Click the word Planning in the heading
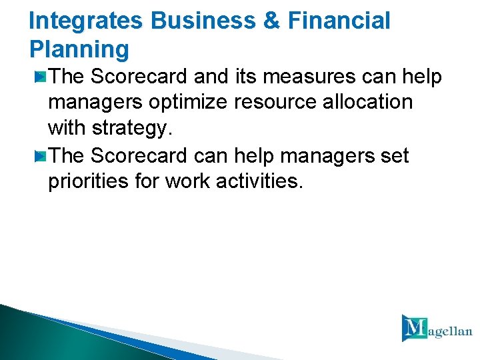click(x=79, y=49)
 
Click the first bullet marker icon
click(x=41, y=77)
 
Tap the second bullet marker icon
click(x=41, y=156)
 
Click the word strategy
click(x=134, y=129)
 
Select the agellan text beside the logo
click(x=450, y=331)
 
